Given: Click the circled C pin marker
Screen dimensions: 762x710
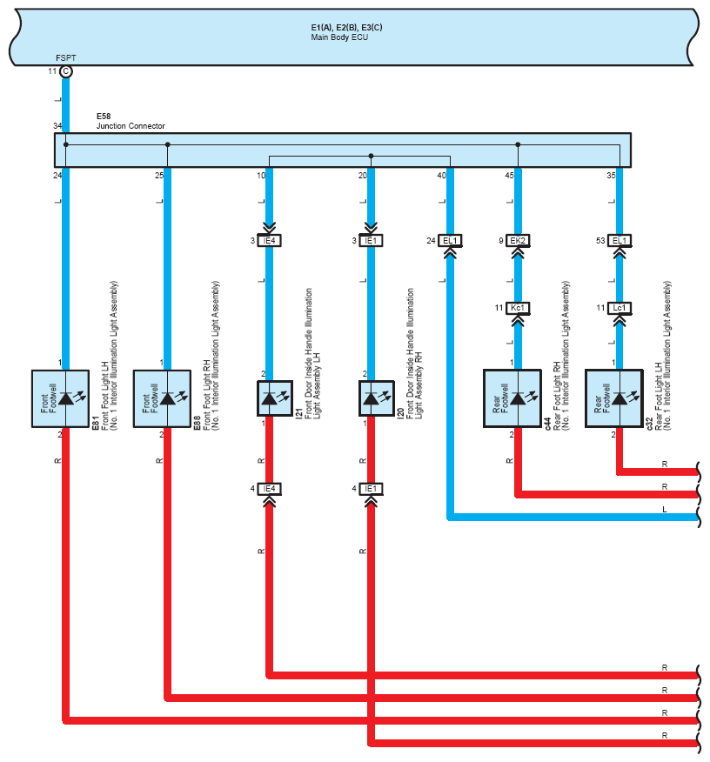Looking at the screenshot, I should tap(66, 71).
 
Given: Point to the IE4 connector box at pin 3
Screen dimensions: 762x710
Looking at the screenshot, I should tap(270, 240).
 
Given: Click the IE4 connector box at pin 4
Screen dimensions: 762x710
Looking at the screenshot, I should tap(270, 489).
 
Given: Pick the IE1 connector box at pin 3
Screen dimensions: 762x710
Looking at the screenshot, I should tap(371, 240).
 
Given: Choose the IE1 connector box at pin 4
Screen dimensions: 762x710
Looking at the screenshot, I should tap(371, 489).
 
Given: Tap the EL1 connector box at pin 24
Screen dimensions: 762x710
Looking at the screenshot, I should tap(451, 240).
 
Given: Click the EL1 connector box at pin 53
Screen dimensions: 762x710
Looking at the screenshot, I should tap(620, 240).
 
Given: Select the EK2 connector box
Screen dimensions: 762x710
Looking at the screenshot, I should tap(518, 240).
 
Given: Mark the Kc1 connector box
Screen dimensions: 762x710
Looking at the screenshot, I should tap(518, 308).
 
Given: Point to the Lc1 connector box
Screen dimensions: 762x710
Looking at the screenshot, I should tap(620, 308).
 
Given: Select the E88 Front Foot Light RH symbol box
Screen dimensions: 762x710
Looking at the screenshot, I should tap(162, 398).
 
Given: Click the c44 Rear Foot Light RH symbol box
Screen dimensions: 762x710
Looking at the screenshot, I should tap(512, 398).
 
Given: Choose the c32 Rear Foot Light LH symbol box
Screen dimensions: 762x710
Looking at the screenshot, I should tap(613, 398).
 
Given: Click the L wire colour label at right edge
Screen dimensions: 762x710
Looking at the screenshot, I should tap(665, 510).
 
